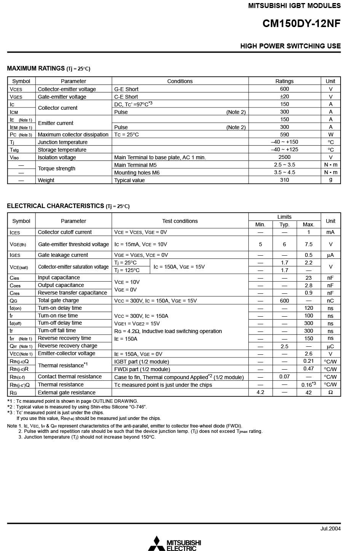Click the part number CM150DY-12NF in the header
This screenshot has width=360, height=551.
point(301,24)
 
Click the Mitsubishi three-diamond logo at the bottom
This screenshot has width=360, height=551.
point(157,543)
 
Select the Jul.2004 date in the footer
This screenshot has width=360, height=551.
point(330,529)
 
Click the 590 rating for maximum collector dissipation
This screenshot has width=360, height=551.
point(284,135)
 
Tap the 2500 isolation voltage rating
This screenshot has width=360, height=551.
point(284,157)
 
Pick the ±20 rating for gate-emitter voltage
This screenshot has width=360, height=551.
point(284,96)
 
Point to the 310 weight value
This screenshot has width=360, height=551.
point(284,180)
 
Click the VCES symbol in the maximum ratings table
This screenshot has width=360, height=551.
point(16,89)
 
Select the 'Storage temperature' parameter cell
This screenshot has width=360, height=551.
point(62,150)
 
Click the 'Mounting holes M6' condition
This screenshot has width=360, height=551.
point(137,173)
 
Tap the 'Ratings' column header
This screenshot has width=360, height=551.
point(284,81)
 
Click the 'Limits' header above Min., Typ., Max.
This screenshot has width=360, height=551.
point(284,217)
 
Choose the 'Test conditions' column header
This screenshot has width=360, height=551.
point(180,221)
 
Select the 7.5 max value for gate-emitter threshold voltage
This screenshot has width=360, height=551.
point(309,244)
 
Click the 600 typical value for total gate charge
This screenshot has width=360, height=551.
point(284,301)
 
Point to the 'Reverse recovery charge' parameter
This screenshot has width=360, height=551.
point(67,346)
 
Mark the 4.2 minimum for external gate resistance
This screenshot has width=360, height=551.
point(260,392)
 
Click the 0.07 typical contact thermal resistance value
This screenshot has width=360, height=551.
point(284,376)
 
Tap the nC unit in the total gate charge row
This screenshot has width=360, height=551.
point(330,301)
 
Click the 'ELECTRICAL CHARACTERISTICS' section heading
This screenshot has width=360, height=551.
point(56,206)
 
